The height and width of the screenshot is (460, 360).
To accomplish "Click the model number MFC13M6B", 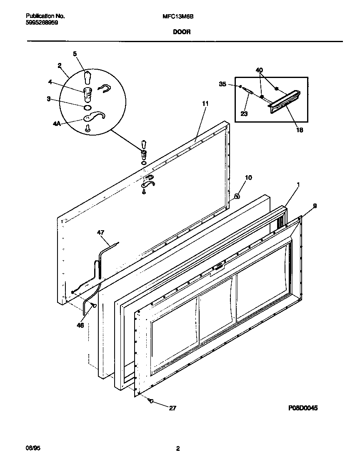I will tap(176, 16).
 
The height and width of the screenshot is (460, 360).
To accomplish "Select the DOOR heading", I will tap(182, 31).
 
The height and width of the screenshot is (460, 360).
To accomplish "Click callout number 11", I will tap(205, 103).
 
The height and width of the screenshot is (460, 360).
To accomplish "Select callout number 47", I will tap(101, 232).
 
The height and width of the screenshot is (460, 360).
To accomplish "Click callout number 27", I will tap(172, 408).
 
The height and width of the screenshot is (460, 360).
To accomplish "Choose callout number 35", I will tap(222, 84).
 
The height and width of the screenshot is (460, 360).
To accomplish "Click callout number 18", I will tap(299, 130).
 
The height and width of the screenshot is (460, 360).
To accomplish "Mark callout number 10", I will tap(248, 178).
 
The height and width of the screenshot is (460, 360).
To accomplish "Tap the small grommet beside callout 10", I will tap(236, 196).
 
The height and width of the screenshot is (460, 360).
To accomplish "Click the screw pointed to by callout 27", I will tap(150, 401).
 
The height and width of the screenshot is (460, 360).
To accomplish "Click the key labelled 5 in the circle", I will tap(87, 77).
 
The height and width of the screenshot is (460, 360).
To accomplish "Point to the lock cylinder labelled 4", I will tap(87, 94).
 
